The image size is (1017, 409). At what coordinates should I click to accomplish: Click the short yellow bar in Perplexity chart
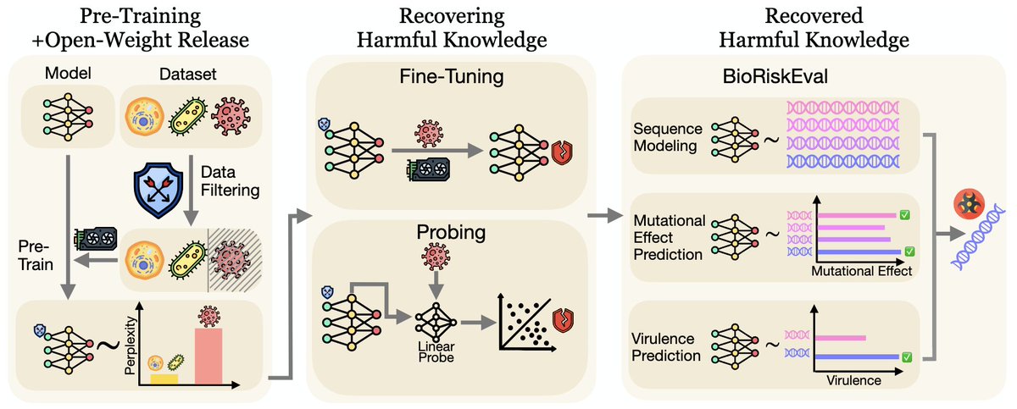click(164, 379)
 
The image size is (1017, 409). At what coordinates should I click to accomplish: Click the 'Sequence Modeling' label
click(666, 137)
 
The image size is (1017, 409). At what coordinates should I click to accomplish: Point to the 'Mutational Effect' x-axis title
click(860, 272)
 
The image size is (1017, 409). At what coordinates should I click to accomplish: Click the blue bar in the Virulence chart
click(855, 357)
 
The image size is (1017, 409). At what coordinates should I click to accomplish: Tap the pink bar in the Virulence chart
click(838, 338)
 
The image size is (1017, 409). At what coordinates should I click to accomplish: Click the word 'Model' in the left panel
click(63, 75)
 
